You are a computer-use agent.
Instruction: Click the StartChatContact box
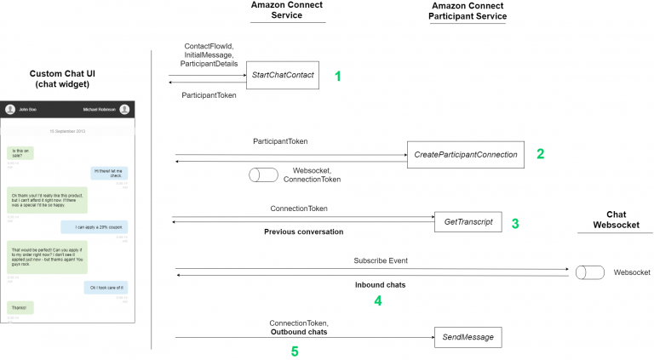tap(283, 76)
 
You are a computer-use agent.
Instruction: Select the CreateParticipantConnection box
tap(466, 155)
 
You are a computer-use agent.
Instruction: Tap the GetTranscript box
tap(468, 222)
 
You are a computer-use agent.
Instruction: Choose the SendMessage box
tap(468, 338)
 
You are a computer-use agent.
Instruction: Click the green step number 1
tap(337, 76)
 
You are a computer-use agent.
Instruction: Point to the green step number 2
tap(540, 154)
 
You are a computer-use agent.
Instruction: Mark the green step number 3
tap(515, 224)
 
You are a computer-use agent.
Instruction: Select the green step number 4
tap(378, 300)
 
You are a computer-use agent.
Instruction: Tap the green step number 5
tap(295, 351)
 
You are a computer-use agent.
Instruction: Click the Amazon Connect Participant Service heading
tap(467, 11)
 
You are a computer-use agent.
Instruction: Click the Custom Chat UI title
tap(68, 79)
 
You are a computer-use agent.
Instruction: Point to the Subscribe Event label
tap(381, 260)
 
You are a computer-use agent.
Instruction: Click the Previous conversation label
tap(303, 231)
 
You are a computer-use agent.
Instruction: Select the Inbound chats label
tap(380, 285)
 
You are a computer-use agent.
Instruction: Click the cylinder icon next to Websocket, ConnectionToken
tap(263, 175)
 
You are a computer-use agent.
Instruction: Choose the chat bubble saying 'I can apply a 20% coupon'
tap(95, 227)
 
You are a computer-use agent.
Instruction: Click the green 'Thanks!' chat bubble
tap(19, 306)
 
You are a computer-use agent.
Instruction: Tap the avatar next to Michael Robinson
tap(124, 109)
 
